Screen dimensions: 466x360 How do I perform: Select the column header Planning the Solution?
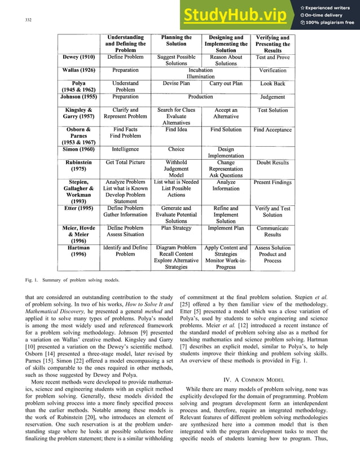pyautogui.click(x=176, y=41)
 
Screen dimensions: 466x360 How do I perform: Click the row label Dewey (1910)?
pyautogui.click(x=78, y=58)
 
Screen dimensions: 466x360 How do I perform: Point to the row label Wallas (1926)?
pyautogui.click(x=78, y=71)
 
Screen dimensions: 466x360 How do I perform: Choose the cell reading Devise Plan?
pyautogui.click(x=176, y=83)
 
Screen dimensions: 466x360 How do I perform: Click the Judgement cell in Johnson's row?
pyautogui.click(x=273, y=96)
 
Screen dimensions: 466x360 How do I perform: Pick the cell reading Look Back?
pyautogui.click(x=273, y=83)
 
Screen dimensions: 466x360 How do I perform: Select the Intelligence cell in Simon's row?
pyautogui.click(x=125, y=150)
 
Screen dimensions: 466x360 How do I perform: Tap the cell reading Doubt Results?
pyautogui.click(x=273, y=163)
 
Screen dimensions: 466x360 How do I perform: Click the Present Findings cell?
pyautogui.click(x=273, y=183)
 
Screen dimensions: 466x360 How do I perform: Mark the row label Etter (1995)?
pyautogui.click(x=78, y=208)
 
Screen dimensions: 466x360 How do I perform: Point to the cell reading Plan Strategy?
pyautogui.click(x=176, y=228)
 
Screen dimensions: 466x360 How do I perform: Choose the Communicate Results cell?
pyautogui.click(x=273, y=231)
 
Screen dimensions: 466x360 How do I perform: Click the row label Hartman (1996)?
pyautogui.click(x=78, y=251)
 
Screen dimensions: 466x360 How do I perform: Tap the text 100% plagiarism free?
pyautogui.click(x=327, y=23)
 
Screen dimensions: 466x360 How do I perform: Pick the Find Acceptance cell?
pyautogui.click(x=273, y=130)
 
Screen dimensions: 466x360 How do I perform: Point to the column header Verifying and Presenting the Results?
pyautogui.click(x=273, y=44)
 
